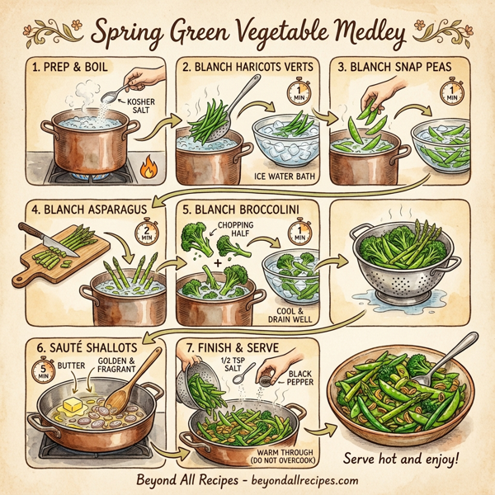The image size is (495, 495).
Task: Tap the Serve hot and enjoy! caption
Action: click(x=403, y=458)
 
